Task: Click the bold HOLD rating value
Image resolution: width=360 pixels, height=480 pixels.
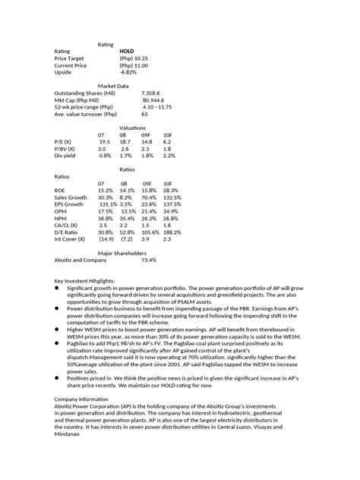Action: click(128, 51)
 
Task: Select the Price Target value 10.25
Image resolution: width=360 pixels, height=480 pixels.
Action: click(134, 58)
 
